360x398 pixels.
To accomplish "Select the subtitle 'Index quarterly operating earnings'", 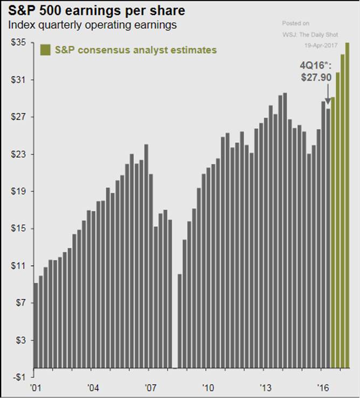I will coord(93,25).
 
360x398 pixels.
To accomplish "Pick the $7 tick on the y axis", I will coord(19,303).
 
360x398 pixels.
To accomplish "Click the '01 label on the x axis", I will coord(36,387).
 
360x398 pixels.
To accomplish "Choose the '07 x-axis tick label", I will coord(151,387).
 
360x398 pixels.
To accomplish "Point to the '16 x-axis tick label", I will coord(323,387).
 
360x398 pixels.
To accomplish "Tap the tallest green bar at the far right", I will coord(347,205).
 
